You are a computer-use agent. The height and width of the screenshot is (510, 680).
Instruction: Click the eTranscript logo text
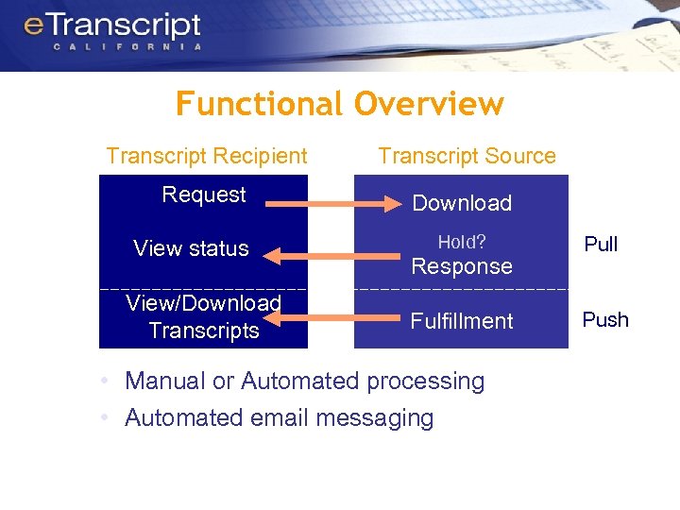click(x=112, y=25)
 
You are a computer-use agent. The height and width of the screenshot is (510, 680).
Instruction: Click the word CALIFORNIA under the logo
click(x=127, y=46)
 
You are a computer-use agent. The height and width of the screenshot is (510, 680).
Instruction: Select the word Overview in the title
click(x=430, y=103)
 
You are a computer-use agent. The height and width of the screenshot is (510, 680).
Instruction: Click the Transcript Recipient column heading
click(x=207, y=156)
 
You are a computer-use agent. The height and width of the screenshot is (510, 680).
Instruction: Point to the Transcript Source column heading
click(x=467, y=156)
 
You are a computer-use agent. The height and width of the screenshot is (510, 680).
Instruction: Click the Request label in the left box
click(x=204, y=195)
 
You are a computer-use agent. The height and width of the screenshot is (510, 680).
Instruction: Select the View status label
click(x=191, y=248)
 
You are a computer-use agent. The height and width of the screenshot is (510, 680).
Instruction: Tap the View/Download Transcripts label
click(x=204, y=316)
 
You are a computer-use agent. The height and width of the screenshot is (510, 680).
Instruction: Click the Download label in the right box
click(x=462, y=203)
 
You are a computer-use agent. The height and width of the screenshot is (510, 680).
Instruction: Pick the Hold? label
click(x=462, y=243)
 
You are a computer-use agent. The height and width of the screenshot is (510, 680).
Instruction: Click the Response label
click(x=462, y=266)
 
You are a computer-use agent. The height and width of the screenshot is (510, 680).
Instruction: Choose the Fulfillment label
click(x=462, y=321)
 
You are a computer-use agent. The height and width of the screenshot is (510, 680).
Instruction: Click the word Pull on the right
click(x=601, y=245)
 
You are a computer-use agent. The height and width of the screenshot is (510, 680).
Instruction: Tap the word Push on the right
click(x=605, y=319)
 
